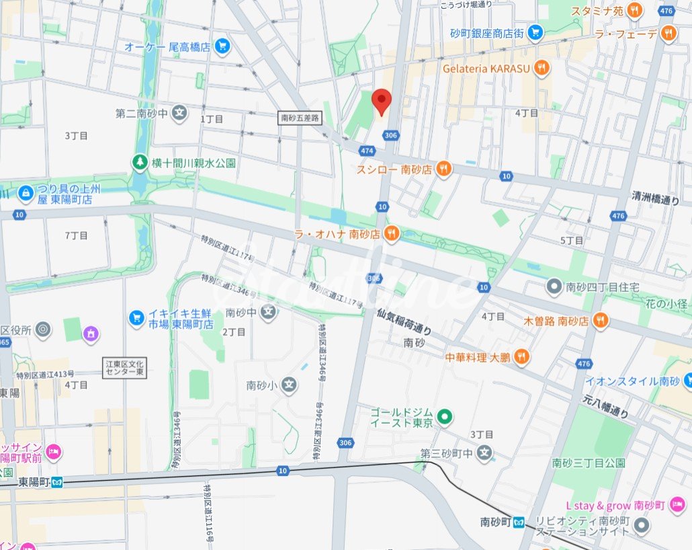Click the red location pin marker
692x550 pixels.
[x=382, y=102]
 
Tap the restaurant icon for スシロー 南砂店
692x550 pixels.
[x=443, y=169]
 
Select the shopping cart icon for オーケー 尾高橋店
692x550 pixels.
[x=222, y=46]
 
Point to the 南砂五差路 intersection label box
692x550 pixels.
[x=300, y=118]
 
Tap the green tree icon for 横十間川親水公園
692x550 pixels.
[x=139, y=163]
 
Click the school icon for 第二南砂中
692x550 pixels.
[x=179, y=113]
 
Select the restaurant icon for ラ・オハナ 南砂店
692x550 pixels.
[x=392, y=234]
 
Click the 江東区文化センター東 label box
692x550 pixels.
[x=126, y=368]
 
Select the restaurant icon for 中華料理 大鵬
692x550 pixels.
[x=521, y=357]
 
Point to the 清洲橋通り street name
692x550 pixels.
[x=655, y=198]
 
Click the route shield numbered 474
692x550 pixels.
[x=366, y=151]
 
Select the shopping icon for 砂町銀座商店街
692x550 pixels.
[x=535, y=32]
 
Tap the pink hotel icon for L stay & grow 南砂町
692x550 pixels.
[x=677, y=504]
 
